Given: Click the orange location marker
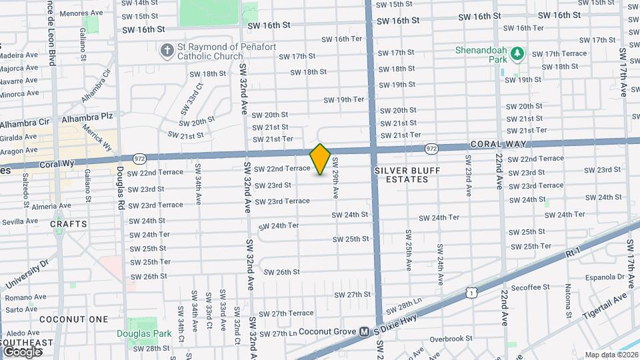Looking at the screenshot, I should (321, 159).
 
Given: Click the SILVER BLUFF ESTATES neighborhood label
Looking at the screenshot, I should (401, 175).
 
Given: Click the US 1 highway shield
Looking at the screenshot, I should (472, 292).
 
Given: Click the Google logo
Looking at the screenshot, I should (22, 351).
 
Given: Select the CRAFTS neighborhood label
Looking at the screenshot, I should (69, 224).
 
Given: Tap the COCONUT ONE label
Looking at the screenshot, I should (73, 319).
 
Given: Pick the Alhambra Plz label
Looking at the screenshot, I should (87, 116).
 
